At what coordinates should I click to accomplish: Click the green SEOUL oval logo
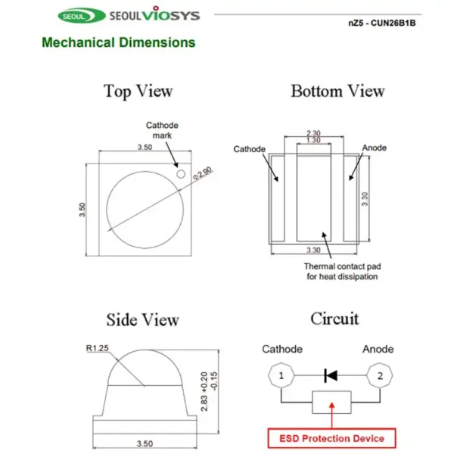pos(82,16)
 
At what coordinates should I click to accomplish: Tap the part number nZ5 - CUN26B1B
pos(382,23)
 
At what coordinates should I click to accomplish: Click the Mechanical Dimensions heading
pos(119,42)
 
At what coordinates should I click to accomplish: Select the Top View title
pos(138,92)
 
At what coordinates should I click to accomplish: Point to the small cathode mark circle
pos(181,174)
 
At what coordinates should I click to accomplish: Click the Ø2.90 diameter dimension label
pos(203,173)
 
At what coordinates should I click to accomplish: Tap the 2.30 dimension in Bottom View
pos(313,133)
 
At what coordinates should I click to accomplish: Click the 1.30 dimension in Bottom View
pos(313,140)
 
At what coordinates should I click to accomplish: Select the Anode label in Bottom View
pos(375,148)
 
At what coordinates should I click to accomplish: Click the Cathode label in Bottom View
pos(249,149)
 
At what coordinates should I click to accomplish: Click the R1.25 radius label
pos(98,348)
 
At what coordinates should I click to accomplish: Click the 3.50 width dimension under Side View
pos(145,443)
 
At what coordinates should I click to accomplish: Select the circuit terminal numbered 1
pos(281,375)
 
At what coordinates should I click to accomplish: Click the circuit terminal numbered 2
pos(380,375)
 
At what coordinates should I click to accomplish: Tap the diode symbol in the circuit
pos(331,375)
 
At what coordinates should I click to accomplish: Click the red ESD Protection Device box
pos(332,438)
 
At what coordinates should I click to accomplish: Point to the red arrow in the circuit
pos(332,415)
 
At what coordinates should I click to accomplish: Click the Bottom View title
pos(338,91)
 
